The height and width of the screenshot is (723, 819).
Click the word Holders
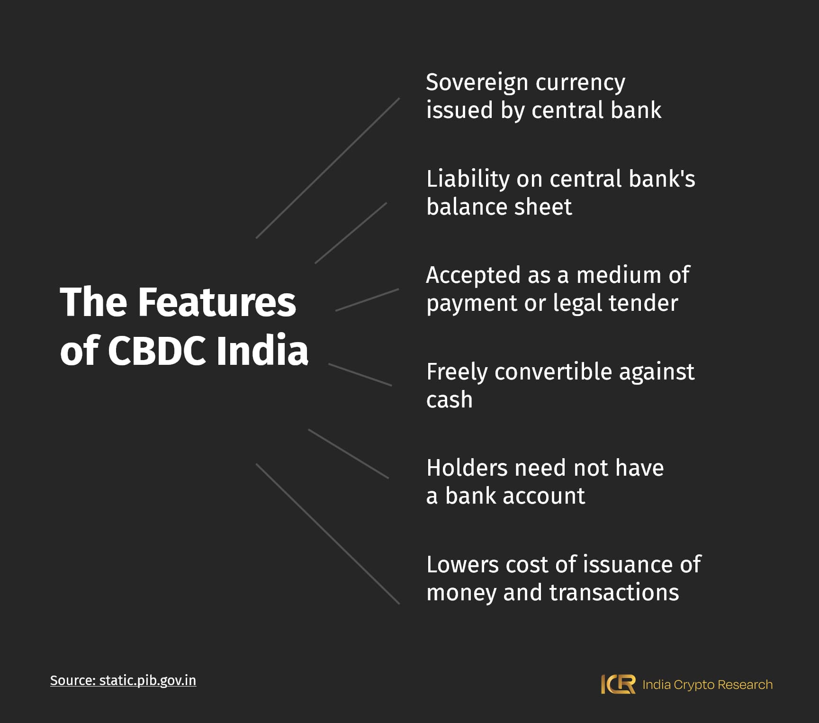point(467,468)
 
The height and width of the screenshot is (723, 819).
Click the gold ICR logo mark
point(618,685)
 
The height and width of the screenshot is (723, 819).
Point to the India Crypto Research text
point(707,685)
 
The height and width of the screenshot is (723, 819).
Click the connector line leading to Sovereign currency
point(328,168)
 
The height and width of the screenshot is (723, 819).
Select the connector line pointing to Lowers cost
point(328,534)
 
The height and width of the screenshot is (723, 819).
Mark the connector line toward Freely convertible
point(360,375)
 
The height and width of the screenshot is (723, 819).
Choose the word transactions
point(614,593)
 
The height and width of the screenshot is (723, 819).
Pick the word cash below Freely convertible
point(450,400)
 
